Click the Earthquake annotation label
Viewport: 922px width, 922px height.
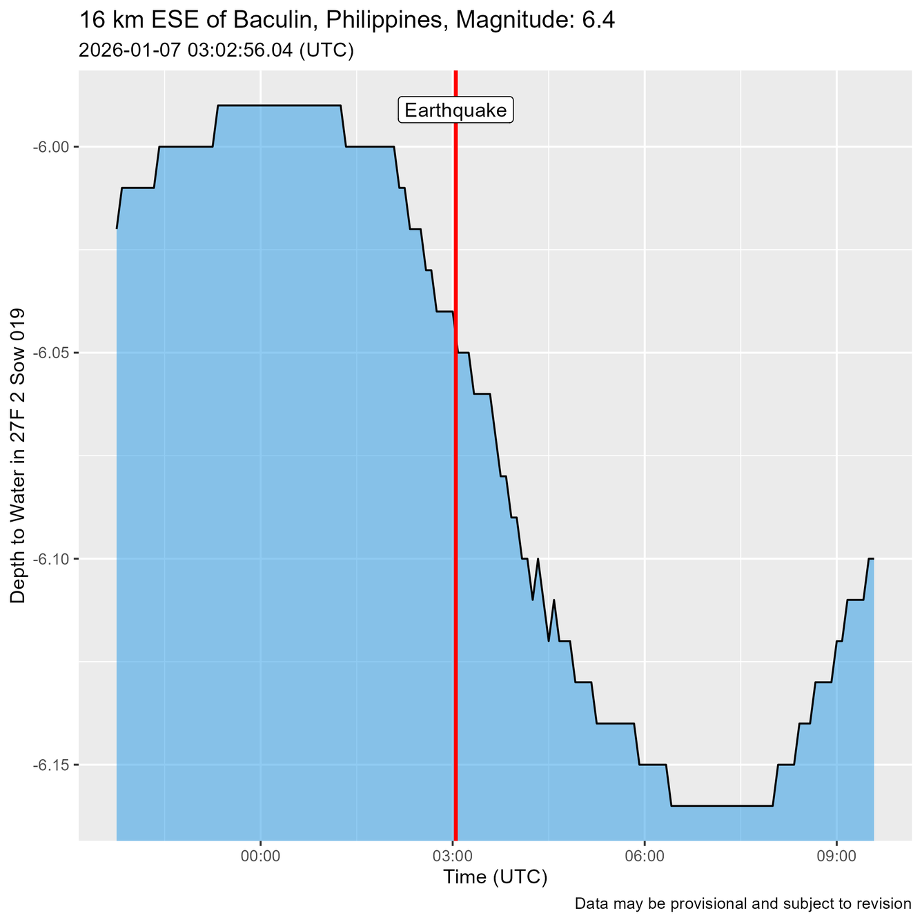[455, 110]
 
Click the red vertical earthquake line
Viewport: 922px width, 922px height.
[455, 483]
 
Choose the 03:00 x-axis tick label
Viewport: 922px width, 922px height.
[452, 856]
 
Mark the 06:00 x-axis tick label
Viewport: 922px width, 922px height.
[644, 856]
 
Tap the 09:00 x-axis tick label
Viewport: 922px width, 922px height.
[836, 856]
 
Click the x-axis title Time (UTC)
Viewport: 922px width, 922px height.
[495, 878]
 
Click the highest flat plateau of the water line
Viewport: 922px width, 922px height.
[279, 106]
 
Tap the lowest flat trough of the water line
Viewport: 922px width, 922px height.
[721, 805]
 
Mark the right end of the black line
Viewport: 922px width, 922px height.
[874, 558]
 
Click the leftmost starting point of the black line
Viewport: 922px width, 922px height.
[117, 228]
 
